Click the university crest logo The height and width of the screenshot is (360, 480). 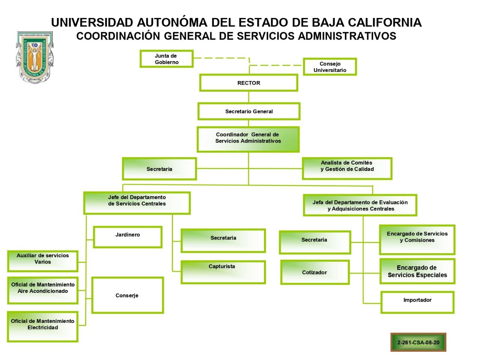(x=34, y=57)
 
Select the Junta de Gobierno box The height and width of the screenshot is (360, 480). (x=166, y=59)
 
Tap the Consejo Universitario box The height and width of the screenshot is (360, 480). (x=330, y=67)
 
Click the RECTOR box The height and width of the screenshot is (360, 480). (x=249, y=83)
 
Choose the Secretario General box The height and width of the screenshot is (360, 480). (x=249, y=111)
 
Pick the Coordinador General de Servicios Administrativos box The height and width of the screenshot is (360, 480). (x=248, y=139)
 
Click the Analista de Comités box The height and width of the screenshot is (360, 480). (x=347, y=168)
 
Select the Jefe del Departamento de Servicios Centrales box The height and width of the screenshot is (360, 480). (x=137, y=203)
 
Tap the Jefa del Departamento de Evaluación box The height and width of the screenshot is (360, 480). (x=360, y=205)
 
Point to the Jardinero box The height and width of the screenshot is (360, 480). (x=127, y=237)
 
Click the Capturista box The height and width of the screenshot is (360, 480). (x=223, y=272)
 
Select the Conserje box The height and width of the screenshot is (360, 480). (x=127, y=295)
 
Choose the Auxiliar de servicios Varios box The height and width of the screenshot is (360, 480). (x=43, y=261)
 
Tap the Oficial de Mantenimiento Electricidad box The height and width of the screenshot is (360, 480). (x=43, y=326)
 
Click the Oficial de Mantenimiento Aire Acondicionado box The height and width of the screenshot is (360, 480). (x=43, y=290)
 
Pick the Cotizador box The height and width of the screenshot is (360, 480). (x=315, y=272)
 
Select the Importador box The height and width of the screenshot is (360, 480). (x=417, y=302)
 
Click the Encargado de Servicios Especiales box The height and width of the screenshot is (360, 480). (x=417, y=271)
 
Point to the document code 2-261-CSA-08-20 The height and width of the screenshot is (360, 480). (x=418, y=342)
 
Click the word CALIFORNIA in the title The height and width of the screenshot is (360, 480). (x=385, y=22)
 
